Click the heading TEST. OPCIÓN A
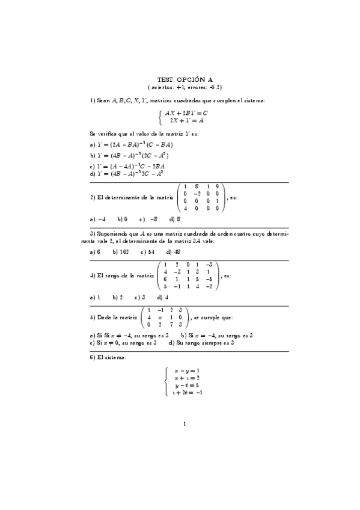tap(185, 79)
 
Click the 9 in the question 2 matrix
tap(217, 186)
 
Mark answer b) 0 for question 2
tap(122, 220)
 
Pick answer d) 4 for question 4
tap(162, 297)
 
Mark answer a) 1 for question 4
tap(94, 297)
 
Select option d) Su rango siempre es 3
tap(201, 342)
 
